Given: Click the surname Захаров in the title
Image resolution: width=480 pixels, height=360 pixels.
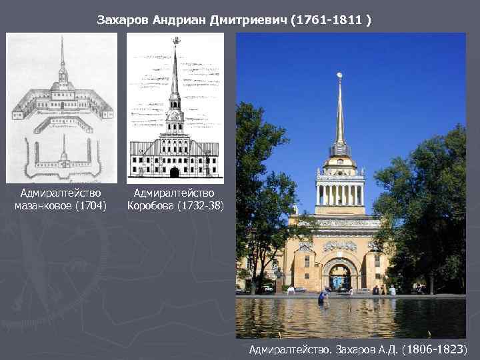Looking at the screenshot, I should tap(123, 21).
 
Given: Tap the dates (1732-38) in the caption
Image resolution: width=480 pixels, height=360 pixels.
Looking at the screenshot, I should tap(201, 205).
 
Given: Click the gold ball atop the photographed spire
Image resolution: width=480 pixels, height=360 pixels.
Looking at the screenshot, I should tap(340, 75).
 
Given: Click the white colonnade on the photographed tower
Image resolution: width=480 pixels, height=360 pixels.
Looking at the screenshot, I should tap(340, 193).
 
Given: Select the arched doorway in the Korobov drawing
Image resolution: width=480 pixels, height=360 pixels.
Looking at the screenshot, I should tap(175, 173).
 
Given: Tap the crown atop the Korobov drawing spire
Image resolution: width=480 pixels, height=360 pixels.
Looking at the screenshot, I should tap(176, 41).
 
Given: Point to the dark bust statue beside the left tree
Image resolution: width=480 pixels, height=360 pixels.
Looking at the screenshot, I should tap(278, 273).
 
